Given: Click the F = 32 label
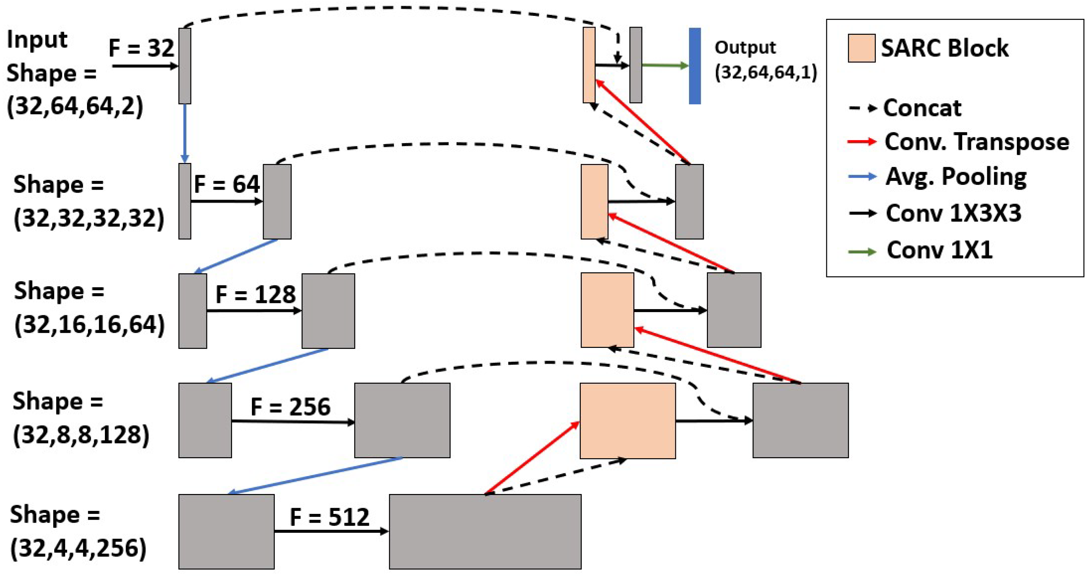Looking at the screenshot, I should point(141,48).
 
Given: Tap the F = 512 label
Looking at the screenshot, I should point(330,517).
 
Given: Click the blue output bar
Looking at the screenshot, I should point(694,66).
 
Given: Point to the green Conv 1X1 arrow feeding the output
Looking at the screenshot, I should point(665,65).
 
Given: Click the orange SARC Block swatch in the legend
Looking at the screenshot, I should point(861,49).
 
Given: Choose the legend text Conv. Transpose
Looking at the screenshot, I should point(976,142).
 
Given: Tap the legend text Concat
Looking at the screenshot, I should point(922,108).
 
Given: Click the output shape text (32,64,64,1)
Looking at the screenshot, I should point(766,72).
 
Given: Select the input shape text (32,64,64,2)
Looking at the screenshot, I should point(75,106).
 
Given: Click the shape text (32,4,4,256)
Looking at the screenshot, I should point(79,548).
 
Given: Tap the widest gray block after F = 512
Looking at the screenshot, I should point(485,531).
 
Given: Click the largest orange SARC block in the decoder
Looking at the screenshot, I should point(627,421).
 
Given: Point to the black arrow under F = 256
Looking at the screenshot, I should point(293,422).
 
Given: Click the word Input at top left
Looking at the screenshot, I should point(37,40).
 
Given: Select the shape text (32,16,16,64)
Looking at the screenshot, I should point(89,325).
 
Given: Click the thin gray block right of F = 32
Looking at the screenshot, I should point(184,66).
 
